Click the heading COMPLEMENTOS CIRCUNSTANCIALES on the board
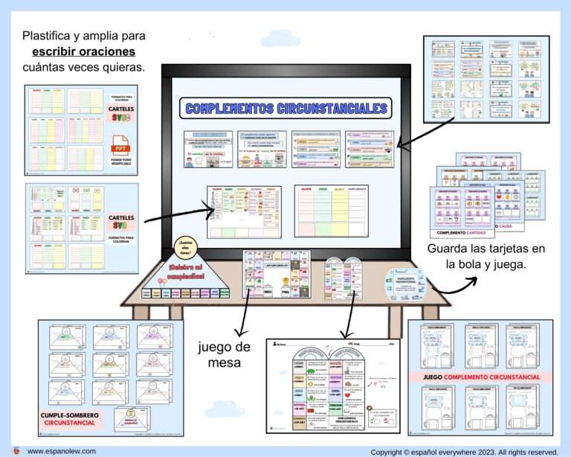point(286,109)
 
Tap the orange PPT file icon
point(117,145)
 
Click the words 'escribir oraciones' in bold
point(84,52)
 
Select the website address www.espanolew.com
point(63,451)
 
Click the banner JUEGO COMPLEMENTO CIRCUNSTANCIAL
point(480,377)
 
